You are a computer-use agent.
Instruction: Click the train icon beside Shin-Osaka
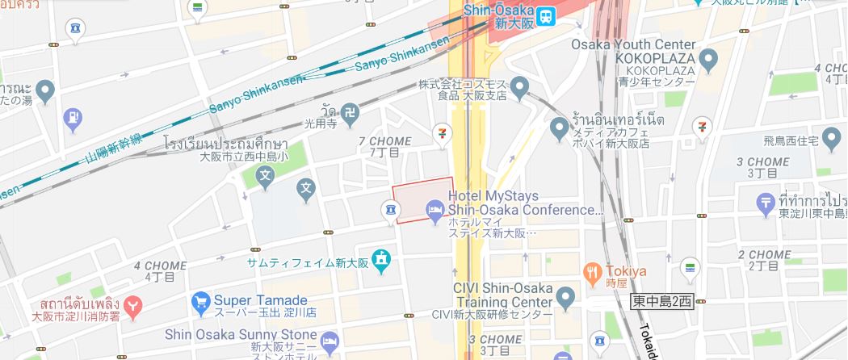coord(546,15)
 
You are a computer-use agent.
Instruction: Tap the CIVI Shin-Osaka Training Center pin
coord(566,299)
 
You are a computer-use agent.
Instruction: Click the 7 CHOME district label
coord(384,141)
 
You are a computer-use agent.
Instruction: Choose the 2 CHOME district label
coord(764,254)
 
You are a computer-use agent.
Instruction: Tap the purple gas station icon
coord(73,118)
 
